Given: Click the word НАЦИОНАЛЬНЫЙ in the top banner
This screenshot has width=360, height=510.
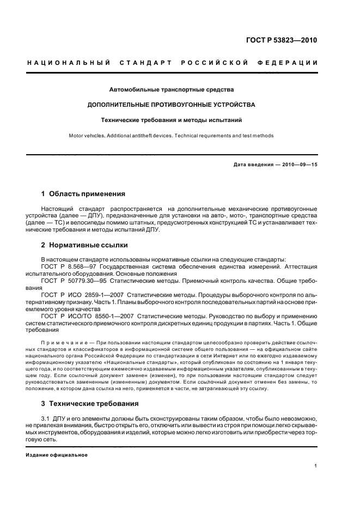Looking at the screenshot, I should (x=68, y=64).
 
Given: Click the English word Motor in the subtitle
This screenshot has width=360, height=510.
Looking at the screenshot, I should (x=77, y=136).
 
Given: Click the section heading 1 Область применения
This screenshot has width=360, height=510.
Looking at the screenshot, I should (x=83, y=193).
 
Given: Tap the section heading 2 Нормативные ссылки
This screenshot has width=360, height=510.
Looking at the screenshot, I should (x=82, y=245).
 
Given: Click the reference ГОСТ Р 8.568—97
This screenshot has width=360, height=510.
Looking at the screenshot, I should (x=68, y=268).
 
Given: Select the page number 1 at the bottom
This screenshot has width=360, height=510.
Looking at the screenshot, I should (x=315, y=466).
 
